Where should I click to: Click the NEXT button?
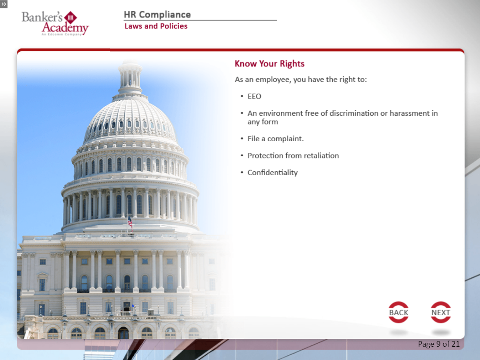440,312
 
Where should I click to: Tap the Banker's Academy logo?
55,24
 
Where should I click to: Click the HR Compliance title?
157,14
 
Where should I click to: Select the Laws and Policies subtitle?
156,26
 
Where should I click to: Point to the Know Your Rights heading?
269,64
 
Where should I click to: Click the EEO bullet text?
254,96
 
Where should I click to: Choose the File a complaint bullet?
276,139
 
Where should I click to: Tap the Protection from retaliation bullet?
293,155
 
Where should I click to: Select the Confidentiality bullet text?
273,173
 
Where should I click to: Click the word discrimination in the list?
353,113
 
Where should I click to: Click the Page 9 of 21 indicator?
439,344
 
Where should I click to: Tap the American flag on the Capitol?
130,221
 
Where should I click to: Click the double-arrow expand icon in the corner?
4,4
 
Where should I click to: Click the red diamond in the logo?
71,18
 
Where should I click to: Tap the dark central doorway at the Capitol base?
124,333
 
